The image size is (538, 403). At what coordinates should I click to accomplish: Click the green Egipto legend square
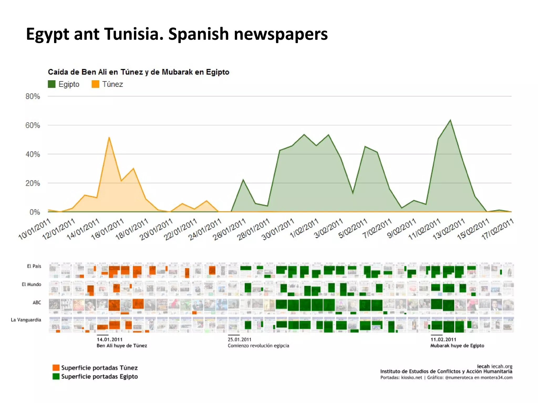click(x=52, y=84)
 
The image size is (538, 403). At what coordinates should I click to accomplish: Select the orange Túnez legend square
click(x=95, y=84)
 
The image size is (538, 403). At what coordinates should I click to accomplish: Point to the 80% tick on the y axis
click(x=33, y=96)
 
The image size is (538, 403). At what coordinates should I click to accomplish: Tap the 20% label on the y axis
click(x=33, y=183)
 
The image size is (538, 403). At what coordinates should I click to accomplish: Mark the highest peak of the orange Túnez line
click(x=109, y=137)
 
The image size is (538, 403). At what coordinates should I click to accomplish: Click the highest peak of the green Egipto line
click(x=450, y=120)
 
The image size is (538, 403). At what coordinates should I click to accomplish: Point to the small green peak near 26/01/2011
click(x=243, y=180)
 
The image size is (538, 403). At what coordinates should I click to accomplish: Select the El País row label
click(x=34, y=266)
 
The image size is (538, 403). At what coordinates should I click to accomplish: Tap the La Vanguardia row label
click(x=26, y=320)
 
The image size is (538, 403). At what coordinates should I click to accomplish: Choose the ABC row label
click(x=37, y=302)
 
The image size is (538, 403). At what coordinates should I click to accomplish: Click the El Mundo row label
click(x=32, y=284)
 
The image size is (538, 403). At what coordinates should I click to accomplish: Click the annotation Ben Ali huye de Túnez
click(x=122, y=346)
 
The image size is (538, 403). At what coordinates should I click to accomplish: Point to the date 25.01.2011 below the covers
click(x=240, y=339)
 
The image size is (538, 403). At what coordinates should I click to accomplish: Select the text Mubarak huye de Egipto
click(x=457, y=346)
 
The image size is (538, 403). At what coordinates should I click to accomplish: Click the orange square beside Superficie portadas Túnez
click(x=56, y=368)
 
